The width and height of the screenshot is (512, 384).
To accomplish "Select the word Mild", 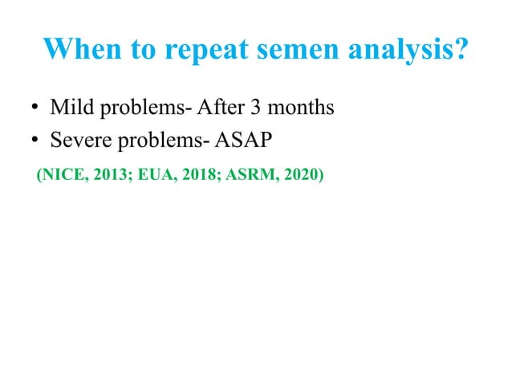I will coord(70,107).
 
